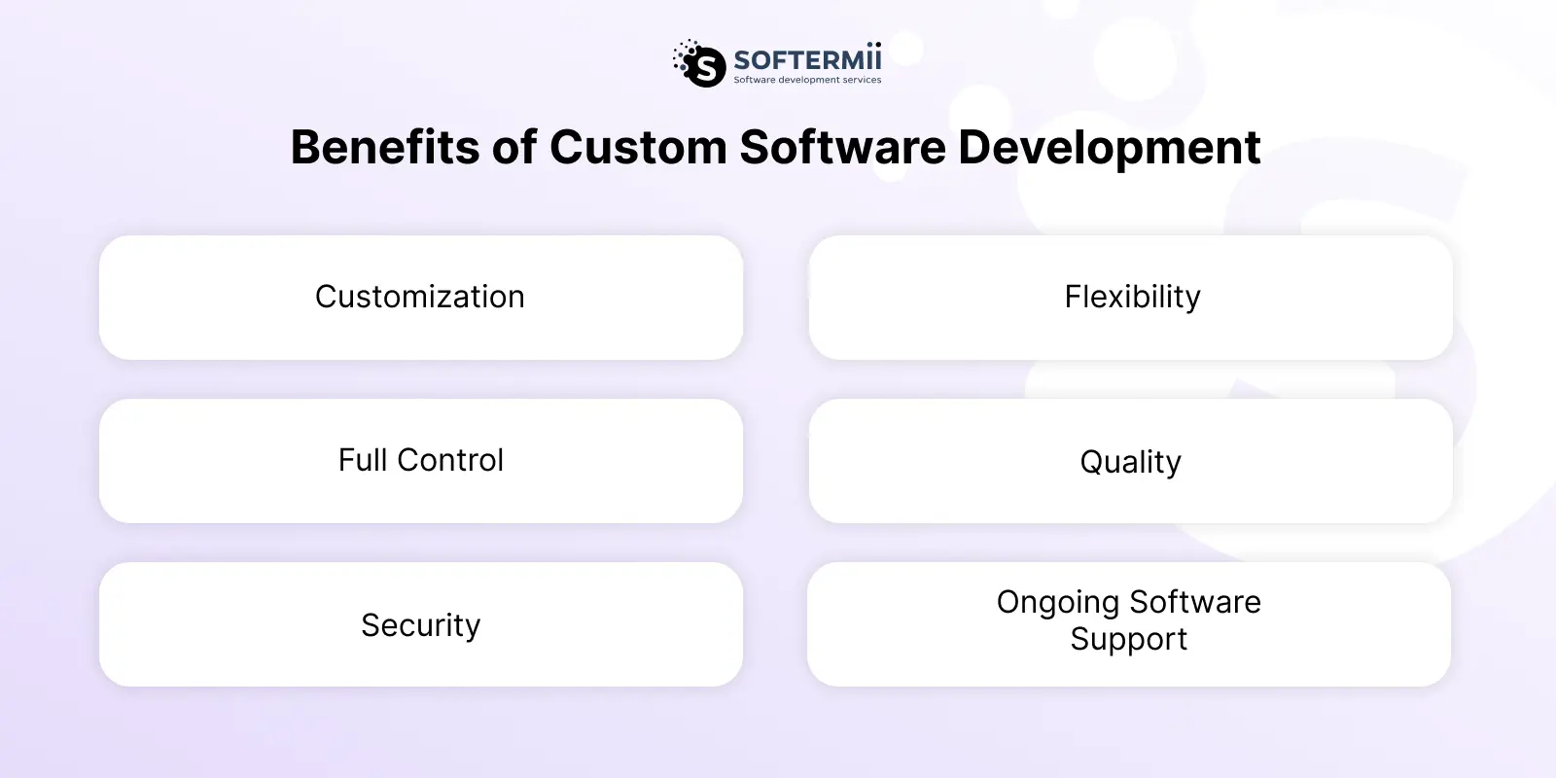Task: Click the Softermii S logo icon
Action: (x=699, y=63)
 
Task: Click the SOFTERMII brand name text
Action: (x=807, y=58)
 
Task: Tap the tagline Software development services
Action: (x=807, y=80)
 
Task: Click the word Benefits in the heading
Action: (x=385, y=147)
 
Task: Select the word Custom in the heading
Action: (x=638, y=147)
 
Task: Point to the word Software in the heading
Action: (x=842, y=147)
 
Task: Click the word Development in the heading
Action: (x=1110, y=149)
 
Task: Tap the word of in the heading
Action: (x=514, y=147)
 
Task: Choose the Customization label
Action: (x=419, y=297)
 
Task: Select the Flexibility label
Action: (x=1132, y=298)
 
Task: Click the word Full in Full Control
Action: (x=363, y=460)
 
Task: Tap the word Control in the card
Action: (x=450, y=460)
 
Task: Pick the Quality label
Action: (x=1130, y=463)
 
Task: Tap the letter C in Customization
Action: (x=327, y=297)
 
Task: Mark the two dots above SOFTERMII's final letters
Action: (x=873, y=45)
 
